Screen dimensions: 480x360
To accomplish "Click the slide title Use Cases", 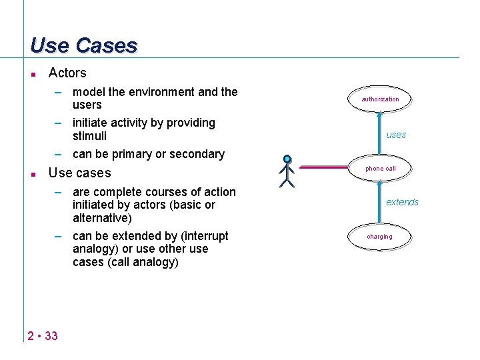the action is point(84,45).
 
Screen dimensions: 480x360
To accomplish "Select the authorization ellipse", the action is point(380,99).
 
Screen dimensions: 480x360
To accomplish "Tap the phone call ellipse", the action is point(380,169).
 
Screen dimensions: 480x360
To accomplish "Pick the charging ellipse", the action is point(380,237).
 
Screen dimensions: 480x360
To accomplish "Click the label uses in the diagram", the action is point(396,135).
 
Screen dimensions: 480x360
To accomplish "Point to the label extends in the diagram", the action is point(403,202).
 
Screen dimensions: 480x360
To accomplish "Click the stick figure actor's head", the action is point(287,159).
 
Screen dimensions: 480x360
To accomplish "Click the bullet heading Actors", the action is point(67,73).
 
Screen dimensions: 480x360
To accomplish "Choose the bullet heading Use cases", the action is point(80,173).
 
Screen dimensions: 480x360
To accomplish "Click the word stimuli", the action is point(89,136).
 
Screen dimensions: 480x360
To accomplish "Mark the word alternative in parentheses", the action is point(101,218).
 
